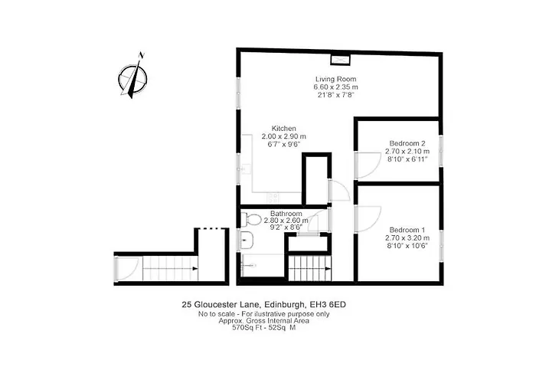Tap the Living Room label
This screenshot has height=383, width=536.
click(335, 79)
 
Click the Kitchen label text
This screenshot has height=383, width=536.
click(284, 128)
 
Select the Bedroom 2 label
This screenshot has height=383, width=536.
click(407, 143)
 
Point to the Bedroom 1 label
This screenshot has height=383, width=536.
click(407, 230)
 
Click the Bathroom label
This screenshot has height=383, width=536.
click(286, 214)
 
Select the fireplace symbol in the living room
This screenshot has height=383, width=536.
click(340, 60)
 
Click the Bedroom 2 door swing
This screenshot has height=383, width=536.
click(366, 162)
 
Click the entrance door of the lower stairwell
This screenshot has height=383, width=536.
click(119, 268)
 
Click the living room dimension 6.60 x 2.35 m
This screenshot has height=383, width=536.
click(335, 87)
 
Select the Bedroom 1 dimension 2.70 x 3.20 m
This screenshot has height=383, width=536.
click(407, 238)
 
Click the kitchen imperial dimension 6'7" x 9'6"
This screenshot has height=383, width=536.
click(284, 144)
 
